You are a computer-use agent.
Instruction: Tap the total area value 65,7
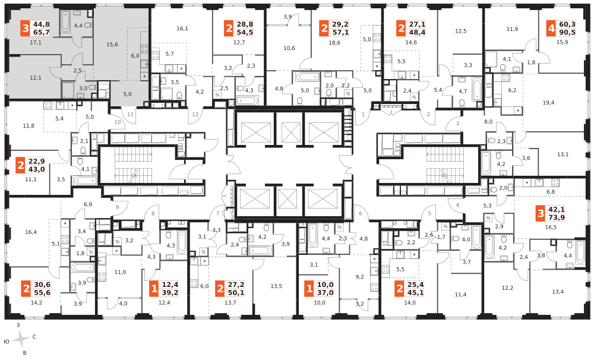click(x=42, y=32)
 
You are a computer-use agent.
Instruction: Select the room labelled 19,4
click(x=548, y=103)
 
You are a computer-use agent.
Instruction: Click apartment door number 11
click(x=130, y=114)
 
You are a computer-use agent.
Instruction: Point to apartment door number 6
click(x=361, y=213)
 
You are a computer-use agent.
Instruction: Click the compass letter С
click(x=34, y=336)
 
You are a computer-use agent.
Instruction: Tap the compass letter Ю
click(x=6, y=342)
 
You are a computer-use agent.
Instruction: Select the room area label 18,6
click(x=334, y=43)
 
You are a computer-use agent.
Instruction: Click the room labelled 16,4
click(x=31, y=232)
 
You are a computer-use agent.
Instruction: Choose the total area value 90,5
click(x=567, y=32)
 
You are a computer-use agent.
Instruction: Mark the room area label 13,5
click(x=276, y=286)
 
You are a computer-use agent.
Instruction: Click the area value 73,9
click(x=556, y=217)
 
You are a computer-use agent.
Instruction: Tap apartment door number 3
click(x=457, y=124)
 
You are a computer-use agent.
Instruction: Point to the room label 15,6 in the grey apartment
click(x=112, y=45)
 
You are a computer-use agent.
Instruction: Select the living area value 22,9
click(x=36, y=162)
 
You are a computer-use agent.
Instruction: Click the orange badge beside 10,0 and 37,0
click(x=309, y=289)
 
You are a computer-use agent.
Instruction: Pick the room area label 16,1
click(x=182, y=29)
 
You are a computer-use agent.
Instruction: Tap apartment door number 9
click(x=118, y=207)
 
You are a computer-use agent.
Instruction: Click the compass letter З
click(x=18, y=325)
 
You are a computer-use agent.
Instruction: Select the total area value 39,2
click(x=170, y=292)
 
